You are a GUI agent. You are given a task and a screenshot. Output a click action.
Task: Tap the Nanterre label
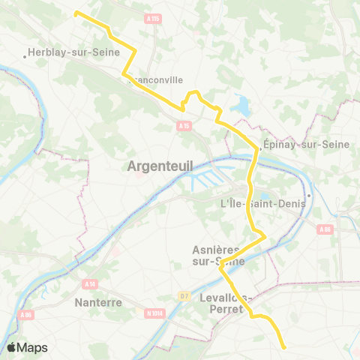point(99,303)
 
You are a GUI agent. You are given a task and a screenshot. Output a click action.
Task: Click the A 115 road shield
point(154,18)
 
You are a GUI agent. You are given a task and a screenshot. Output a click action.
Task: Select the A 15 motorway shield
point(184,126)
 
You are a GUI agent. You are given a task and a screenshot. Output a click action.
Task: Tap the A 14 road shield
point(91,283)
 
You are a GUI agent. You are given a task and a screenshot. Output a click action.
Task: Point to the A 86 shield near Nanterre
point(26,317)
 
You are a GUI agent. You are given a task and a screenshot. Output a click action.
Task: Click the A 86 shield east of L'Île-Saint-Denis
point(324,229)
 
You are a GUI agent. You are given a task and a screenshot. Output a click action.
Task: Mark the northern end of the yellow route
point(76,12)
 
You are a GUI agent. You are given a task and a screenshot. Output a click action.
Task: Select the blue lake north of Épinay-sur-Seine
point(242,106)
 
